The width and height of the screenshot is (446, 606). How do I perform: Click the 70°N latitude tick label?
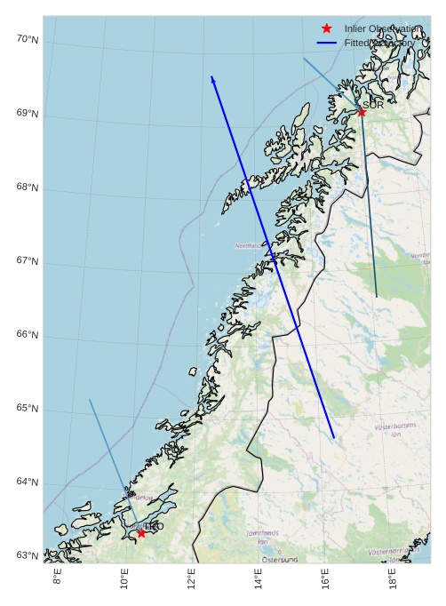(x=28, y=39)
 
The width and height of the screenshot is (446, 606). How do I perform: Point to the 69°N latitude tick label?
(x=28, y=114)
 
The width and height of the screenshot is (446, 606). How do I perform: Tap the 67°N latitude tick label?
(x=28, y=261)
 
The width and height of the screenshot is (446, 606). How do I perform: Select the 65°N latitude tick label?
(x=28, y=409)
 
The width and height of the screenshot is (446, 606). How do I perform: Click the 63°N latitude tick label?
(x=28, y=556)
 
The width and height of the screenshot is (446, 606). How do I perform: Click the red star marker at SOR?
(x=362, y=112)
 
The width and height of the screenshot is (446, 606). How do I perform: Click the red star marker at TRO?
(x=141, y=533)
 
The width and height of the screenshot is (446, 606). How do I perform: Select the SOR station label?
(x=373, y=106)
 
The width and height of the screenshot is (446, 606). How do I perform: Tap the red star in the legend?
(x=327, y=29)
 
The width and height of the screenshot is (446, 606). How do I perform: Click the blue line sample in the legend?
(x=327, y=43)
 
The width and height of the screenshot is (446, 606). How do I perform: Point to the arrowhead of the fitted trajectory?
(x=212, y=77)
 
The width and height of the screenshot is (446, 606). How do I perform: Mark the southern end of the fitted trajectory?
(x=334, y=438)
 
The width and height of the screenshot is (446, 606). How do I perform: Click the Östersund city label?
(x=280, y=560)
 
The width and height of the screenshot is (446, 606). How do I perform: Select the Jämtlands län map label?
(x=262, y=537)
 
